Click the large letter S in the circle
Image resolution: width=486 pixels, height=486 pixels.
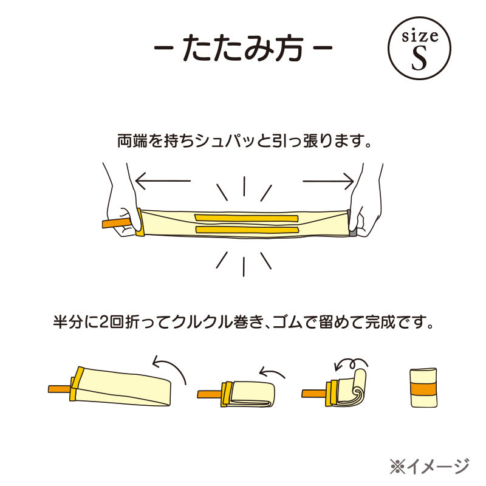[x=419, y=58]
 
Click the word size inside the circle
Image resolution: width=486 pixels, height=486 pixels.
[x=420, y=36]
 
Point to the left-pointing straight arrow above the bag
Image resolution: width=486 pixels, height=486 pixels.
[x=163, y=180]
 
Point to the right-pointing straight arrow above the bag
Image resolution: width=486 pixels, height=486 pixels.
[x=328, y=181]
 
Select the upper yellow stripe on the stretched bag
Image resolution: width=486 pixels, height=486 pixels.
[x=247, y=217]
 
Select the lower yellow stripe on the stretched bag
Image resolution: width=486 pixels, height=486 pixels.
[x=247, y=230]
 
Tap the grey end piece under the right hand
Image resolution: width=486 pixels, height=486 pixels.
[x=352, y=224]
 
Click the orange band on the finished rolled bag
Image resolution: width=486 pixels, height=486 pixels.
[x=423, y=389]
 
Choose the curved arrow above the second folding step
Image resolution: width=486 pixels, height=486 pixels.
[x=272, y=371]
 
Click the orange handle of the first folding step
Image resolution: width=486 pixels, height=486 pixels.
[x=60, y=389]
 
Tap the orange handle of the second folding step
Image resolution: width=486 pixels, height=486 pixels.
[x=210, y=394]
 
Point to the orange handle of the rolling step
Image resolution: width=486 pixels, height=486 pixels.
[x=313, y=393]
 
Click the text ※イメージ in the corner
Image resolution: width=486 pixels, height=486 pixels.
[x=430, y=466]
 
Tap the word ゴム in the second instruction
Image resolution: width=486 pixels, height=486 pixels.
[x=286, y=322]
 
